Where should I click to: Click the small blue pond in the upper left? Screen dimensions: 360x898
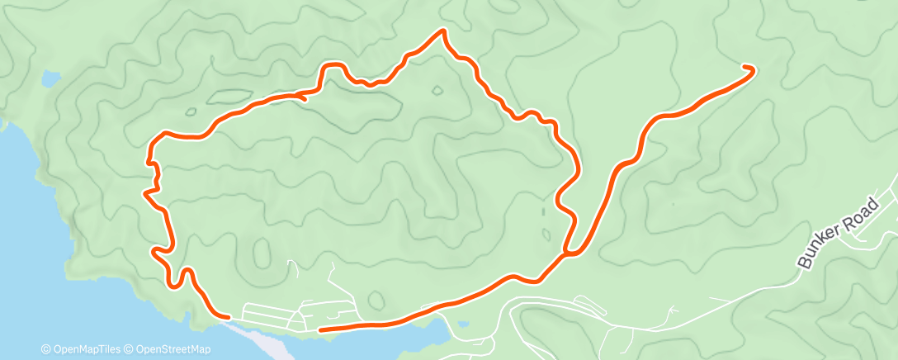[51, 78]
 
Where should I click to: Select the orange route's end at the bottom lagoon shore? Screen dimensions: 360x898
[321, 329]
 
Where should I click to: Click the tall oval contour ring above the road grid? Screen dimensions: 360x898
[262, 251]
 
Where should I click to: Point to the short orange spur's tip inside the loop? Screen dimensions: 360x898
[305, 99]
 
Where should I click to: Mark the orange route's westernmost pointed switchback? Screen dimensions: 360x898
[145, 194]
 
